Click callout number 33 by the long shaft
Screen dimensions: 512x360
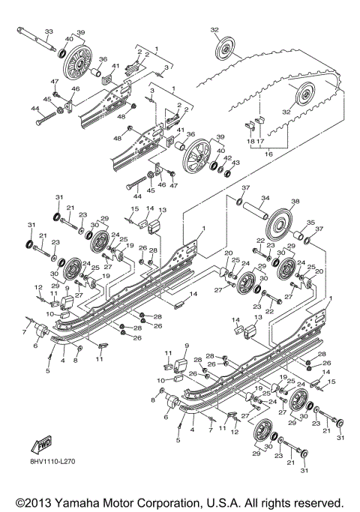[49, 31]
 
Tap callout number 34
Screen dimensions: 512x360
[265, 199]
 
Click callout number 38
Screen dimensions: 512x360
[295, 202]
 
